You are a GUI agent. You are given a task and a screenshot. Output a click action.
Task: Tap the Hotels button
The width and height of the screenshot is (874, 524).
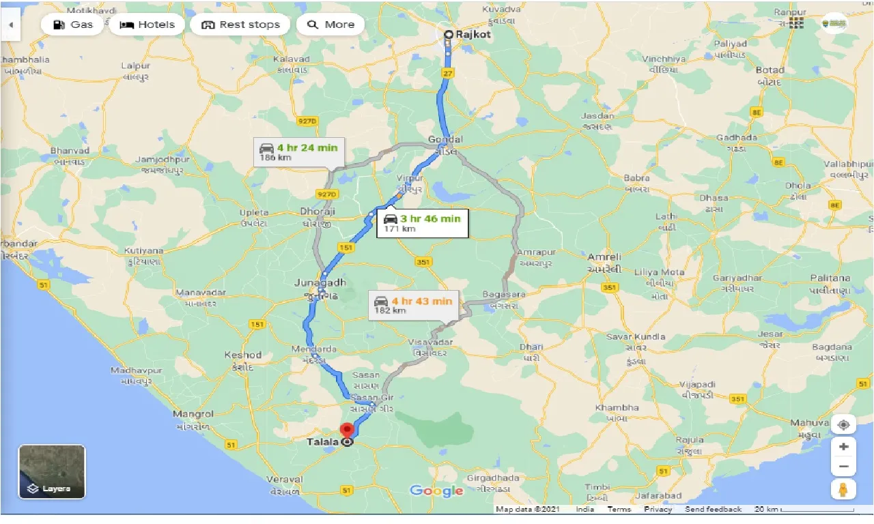point(147,25)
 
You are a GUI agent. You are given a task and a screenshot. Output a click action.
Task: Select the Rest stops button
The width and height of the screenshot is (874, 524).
point(240,25)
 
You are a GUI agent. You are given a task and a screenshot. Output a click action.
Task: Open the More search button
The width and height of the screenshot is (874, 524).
point(330,25)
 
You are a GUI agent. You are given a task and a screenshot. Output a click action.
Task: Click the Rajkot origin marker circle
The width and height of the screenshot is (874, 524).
point(448,34)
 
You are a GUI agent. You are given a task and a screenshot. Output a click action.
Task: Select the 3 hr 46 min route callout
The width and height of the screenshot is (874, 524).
point(422,223)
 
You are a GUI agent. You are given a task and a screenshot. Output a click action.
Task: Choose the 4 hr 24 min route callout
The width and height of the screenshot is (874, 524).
point(298,152)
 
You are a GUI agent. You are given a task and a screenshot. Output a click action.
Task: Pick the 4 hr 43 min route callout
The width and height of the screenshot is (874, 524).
point(413,305)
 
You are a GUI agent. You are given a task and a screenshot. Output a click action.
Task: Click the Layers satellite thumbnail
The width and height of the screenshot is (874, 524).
point(52,471)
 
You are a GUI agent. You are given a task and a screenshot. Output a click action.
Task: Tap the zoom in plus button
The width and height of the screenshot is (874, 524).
point(844,446)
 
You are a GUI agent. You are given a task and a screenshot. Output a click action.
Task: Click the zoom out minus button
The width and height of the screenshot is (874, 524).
point(844,467)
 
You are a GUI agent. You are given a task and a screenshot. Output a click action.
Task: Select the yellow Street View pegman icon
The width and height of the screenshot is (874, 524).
point(844,489)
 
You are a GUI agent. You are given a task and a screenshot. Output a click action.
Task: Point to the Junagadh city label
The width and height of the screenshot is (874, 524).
point(320,282)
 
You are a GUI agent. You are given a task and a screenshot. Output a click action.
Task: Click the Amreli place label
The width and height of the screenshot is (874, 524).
point(604,257)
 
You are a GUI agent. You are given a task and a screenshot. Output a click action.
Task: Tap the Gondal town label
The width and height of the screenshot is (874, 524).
point(445,140)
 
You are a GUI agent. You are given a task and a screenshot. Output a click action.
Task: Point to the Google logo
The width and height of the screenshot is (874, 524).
point(436,491)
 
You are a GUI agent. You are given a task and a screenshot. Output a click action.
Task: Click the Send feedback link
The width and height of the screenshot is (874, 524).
point(713,510)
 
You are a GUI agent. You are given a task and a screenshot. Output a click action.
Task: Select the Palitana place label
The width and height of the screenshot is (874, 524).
point(830,278)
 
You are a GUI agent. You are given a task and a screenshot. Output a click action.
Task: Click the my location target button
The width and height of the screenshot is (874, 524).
point(844,424)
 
